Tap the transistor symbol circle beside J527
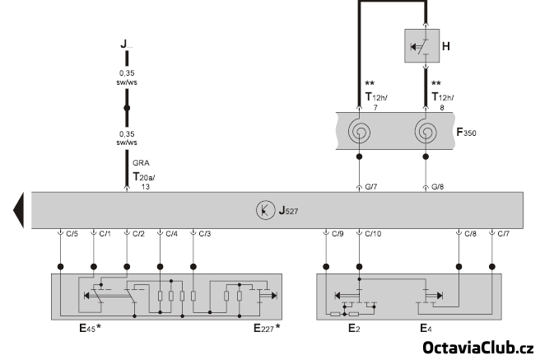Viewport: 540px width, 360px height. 264,209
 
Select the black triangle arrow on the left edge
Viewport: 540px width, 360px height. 17,210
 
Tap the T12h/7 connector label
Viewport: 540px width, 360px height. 375,101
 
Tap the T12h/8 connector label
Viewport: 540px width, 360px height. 442,101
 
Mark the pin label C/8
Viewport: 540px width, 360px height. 470,234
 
